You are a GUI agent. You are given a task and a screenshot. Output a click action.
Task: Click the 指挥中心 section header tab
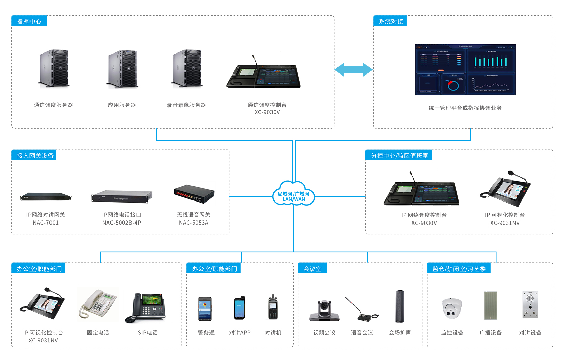pos(29,21)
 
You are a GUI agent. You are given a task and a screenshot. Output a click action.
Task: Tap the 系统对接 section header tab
pos(390,21)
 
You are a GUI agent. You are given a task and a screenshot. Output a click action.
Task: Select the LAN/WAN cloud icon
pos(294,194)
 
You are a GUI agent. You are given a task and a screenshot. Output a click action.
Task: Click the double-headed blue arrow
pos(354,70)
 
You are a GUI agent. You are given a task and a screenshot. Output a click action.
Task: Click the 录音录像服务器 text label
pos(186,105)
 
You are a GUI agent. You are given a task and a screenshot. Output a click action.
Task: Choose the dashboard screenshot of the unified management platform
pos(465,69)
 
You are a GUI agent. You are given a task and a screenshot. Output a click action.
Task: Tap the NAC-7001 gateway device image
pos(46,197)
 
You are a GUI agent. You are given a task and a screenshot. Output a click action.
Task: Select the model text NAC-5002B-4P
pos(122,223)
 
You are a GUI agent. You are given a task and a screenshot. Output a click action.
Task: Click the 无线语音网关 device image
pos(194,194)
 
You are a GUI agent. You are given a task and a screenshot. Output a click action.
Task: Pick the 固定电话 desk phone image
pos(98,304)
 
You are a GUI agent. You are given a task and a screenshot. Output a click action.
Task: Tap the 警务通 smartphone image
pos(205,309)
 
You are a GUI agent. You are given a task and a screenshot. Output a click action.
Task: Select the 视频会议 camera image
pos(324,310)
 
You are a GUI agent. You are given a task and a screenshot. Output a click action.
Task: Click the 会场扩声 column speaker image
pos(400,306)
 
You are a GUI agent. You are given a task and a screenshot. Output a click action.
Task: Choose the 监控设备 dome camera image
pos(452,308)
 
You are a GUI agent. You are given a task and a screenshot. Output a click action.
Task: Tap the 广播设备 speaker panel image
pos(490,305)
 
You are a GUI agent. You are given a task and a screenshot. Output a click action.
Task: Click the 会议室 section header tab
pos(312,269)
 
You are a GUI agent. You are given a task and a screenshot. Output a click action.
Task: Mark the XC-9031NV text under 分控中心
pos(505,223)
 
